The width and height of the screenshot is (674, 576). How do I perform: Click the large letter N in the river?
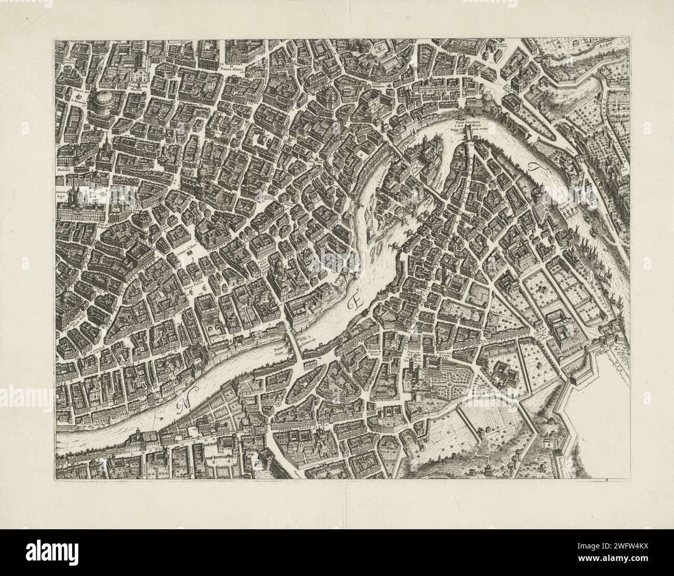(183, 405)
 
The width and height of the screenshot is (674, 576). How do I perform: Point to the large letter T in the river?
(535, 169)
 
